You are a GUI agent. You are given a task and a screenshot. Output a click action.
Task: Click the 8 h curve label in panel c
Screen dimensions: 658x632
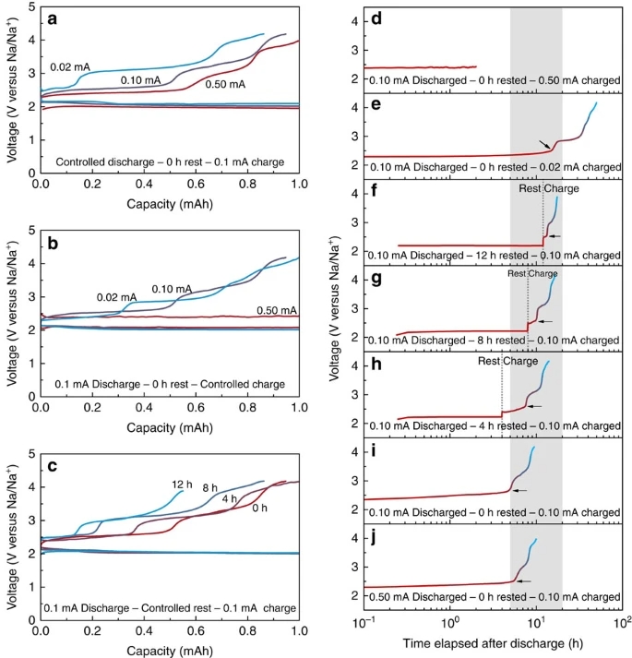click(210, 488)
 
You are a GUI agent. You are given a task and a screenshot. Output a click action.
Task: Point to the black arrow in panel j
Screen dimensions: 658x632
click(524, 581)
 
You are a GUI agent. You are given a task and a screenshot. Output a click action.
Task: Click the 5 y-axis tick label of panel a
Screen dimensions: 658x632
click(31, 7)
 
